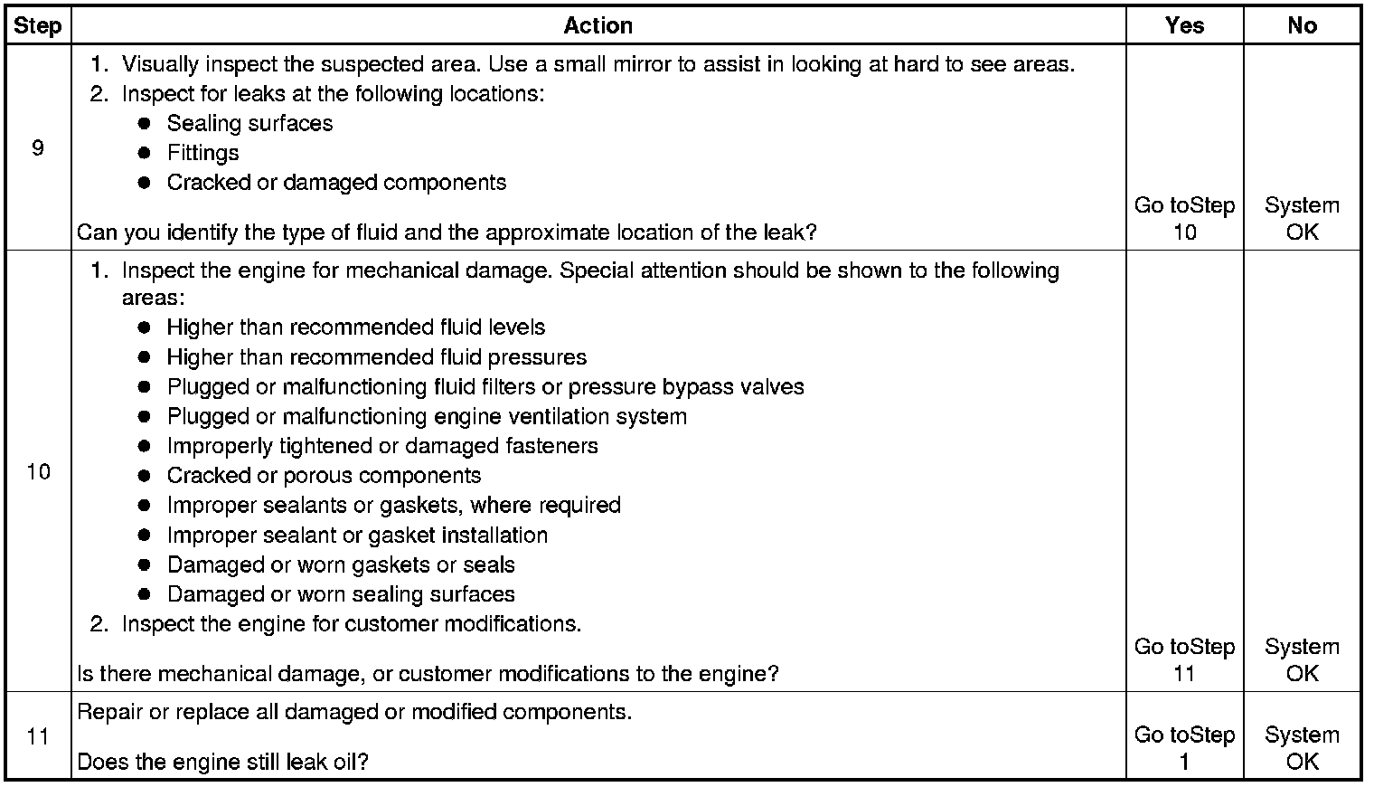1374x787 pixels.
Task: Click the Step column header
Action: (38, 25)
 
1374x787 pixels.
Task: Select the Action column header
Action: (598, 25)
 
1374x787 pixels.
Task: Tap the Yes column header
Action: (1184, 25)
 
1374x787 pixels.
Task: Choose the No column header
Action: (1302, 25)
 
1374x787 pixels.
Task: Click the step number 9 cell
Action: (38, 147)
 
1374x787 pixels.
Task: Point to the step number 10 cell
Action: (38, 471)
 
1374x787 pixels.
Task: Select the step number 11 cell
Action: (38, 735)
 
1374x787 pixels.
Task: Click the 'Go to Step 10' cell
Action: (1184, 219)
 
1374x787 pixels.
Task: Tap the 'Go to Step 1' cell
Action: (1184, 748)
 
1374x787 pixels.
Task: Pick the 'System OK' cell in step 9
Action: (1302, 219)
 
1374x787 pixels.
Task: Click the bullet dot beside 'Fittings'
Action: (144, 153)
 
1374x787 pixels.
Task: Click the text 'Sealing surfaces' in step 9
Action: (249, 123)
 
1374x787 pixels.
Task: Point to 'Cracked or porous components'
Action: (324, 475)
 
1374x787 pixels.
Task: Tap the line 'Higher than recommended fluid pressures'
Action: (376, 356)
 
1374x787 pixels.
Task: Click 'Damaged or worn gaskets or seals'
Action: (341, 564)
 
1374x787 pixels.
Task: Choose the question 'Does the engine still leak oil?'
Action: (222, 762)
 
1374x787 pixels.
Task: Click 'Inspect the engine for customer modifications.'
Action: (351, 623)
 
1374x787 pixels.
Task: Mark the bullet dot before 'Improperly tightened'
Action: (144, 446)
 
